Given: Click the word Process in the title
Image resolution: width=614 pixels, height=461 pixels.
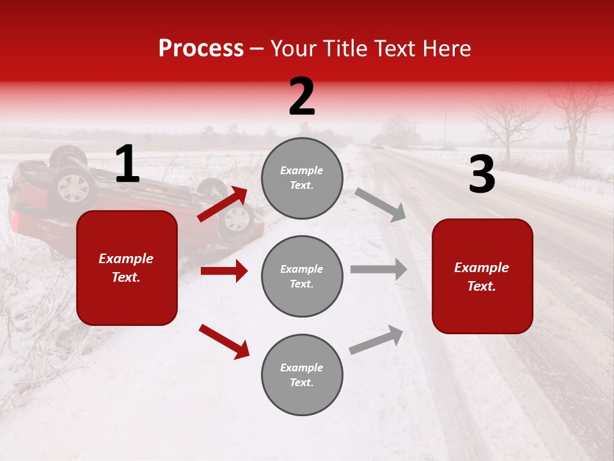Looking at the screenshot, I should (x=201, y=49).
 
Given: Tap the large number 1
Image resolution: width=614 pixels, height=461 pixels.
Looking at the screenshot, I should (x=127, y=165).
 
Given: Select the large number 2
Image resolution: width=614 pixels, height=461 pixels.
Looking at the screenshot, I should (x=302, y=97).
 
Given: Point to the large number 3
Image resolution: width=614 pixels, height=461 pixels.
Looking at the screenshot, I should (x=482, y=175).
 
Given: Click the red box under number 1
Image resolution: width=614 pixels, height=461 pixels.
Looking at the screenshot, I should (x=127, y=268).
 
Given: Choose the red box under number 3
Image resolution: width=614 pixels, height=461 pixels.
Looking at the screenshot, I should (x=482, y=276).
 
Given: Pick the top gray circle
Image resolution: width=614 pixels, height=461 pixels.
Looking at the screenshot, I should (x=302, y=178).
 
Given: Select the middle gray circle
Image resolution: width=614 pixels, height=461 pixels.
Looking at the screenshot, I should (x=302, y=276).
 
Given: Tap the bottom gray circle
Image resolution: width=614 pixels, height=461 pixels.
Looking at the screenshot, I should (x=302, y=375).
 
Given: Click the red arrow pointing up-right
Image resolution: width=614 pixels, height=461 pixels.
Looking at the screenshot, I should (x=223, y=204).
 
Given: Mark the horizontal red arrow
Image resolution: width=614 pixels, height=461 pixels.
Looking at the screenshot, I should (x=224, y=271).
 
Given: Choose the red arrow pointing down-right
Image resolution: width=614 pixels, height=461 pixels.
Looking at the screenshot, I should (x=224, y=341).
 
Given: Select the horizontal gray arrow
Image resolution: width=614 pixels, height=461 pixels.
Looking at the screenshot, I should (x=379, y=270).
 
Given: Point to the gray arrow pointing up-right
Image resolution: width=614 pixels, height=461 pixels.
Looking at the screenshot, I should (x=376, y=339).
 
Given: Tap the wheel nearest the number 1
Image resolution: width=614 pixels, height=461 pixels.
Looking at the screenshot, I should (x=74, y=188).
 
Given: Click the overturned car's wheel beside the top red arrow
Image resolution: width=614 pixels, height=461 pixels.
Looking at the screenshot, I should (x=237, y=220).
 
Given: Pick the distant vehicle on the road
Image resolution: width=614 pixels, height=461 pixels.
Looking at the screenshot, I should (x=378, y=147).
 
